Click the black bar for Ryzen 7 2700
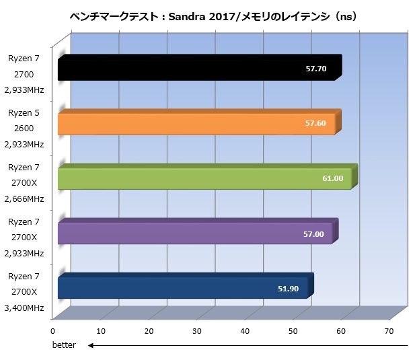click(x=195, y=69)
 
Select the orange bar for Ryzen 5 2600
click(x=195, y=124)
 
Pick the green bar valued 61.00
click(x=202, y=178)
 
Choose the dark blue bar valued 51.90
click(x=182, y=288)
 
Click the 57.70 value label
click(x=315, y=69)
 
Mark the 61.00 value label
click(x=333, y=178)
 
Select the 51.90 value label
click(x=289, y=289)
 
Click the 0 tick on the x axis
click(x=52, y=331)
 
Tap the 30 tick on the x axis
click(x=197, y=331)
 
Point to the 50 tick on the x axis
click(x=293, y=331)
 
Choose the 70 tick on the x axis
click(x=389, y=331)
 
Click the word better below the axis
click(x=65, y=345)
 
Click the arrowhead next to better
click(x=91, y=345)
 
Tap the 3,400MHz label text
click(x=24, y=308)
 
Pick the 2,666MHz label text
click(x=24, y=199)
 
